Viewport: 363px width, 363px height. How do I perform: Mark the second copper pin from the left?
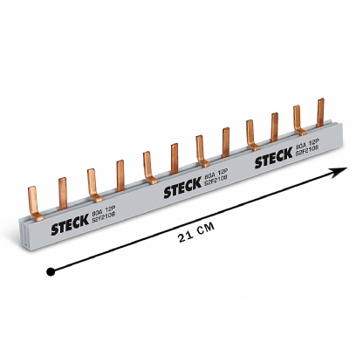pos(62,190)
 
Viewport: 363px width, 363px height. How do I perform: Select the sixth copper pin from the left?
pos(174,157)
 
